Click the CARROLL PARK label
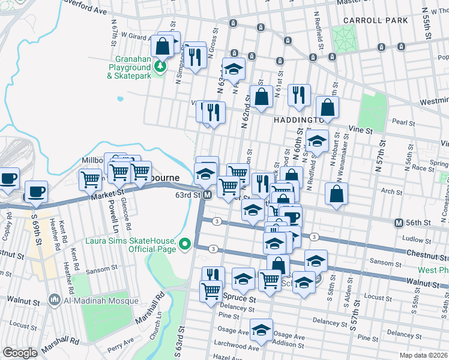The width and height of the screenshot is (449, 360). (x=376, y=20)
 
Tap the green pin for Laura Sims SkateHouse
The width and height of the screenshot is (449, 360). (x=185, y=244)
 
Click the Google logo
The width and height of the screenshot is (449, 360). (x=20, y=353)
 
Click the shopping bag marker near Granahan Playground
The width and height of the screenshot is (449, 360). (x=163, y=46)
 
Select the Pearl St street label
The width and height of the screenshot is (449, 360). (x=400, y=122)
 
